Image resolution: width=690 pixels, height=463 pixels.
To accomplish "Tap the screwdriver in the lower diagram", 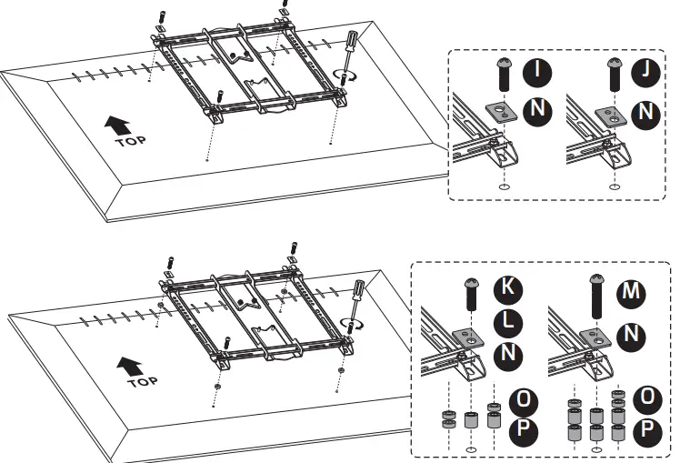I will pyautogui.click(x=357, y=296).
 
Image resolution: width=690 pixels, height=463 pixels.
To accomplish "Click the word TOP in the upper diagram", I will pyautogui.click(x=128, y=141).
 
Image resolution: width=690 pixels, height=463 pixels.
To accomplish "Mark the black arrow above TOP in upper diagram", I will pyautogui.click(x=116, y=124).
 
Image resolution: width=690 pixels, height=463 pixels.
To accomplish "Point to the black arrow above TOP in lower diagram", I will pyautogui.click(x=125, y=364).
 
